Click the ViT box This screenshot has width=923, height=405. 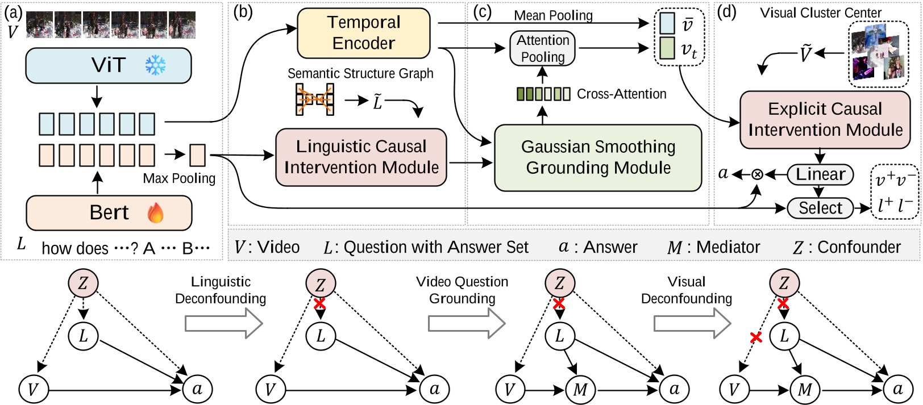(108, 65)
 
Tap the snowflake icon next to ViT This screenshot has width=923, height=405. (155, 65)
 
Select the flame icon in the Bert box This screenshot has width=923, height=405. (155, 213)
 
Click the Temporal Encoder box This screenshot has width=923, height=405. (364, 33)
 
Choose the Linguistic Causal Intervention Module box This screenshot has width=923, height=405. (361, 157)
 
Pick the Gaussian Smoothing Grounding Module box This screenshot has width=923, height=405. (598, 157)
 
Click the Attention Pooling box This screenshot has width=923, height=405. (543, 49)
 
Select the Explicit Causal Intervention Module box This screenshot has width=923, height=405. (825, 120)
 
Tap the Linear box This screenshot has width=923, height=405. (820, 174)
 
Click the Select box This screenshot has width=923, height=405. (820, 208)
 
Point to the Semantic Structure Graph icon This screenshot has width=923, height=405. (315, 100)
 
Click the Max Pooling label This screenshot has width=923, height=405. (179, 178)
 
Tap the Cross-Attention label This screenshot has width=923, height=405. (621, 94)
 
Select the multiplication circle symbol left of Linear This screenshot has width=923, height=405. (757, 174)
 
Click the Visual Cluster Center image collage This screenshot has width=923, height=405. (878, 54)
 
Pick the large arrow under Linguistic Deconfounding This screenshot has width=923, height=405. (224, 324)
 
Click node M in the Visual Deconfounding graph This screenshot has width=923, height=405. (805, 390)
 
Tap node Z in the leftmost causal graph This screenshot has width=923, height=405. (83, 283)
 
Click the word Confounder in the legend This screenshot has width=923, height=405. (859, 248)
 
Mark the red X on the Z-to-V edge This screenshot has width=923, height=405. (755, 338)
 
